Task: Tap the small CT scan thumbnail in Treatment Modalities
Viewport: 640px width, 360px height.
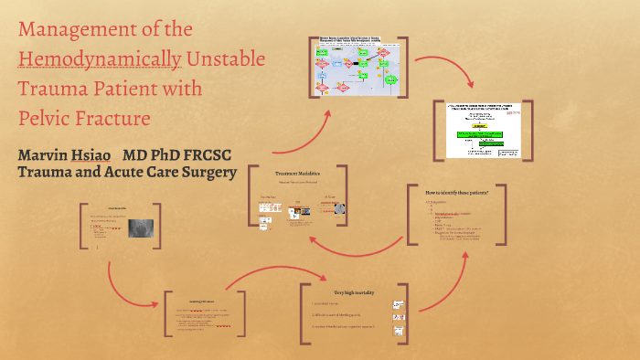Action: (339, 209)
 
